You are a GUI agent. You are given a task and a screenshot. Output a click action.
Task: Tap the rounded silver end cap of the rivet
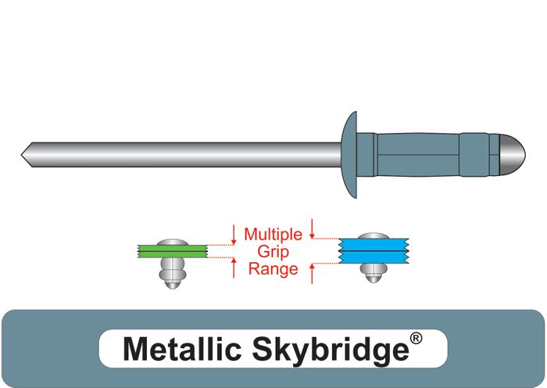coord(510,153)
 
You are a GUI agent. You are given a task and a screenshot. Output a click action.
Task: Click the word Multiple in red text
coord(273,234)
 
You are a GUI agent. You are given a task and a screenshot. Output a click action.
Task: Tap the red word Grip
coord(273,251)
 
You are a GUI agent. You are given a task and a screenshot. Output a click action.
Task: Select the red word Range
coord(273,269)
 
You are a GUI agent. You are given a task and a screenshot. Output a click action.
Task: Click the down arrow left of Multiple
coord(234,233)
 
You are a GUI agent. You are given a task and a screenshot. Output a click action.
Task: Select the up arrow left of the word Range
coord(234,268)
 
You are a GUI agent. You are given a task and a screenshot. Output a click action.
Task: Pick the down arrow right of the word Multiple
coord(313,228)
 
